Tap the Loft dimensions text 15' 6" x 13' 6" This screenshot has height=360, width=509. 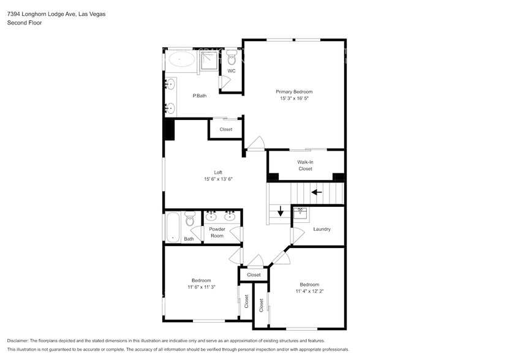pos(219,179)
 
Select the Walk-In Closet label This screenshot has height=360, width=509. pos(305,165)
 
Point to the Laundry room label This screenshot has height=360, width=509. pos(322,229)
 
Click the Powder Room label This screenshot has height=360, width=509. pos(217,232)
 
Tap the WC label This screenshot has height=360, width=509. pos(232,71)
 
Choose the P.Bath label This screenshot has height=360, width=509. pos(198,96)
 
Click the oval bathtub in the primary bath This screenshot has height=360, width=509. pos(181,59)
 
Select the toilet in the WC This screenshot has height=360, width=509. pos(232,59)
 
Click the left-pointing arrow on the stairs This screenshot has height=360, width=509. pos(317,192)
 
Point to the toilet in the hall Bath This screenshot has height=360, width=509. pos(190,219)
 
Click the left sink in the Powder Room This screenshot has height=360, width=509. pos(211,216)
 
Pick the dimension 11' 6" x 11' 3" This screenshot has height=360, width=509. pos(201,286)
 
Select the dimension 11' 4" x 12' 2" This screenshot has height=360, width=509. pos(309,291)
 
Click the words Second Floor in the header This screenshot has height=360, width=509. pos(23,23)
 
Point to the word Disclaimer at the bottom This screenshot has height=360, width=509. pos(19,340)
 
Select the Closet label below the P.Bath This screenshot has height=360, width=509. pos(226,129)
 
